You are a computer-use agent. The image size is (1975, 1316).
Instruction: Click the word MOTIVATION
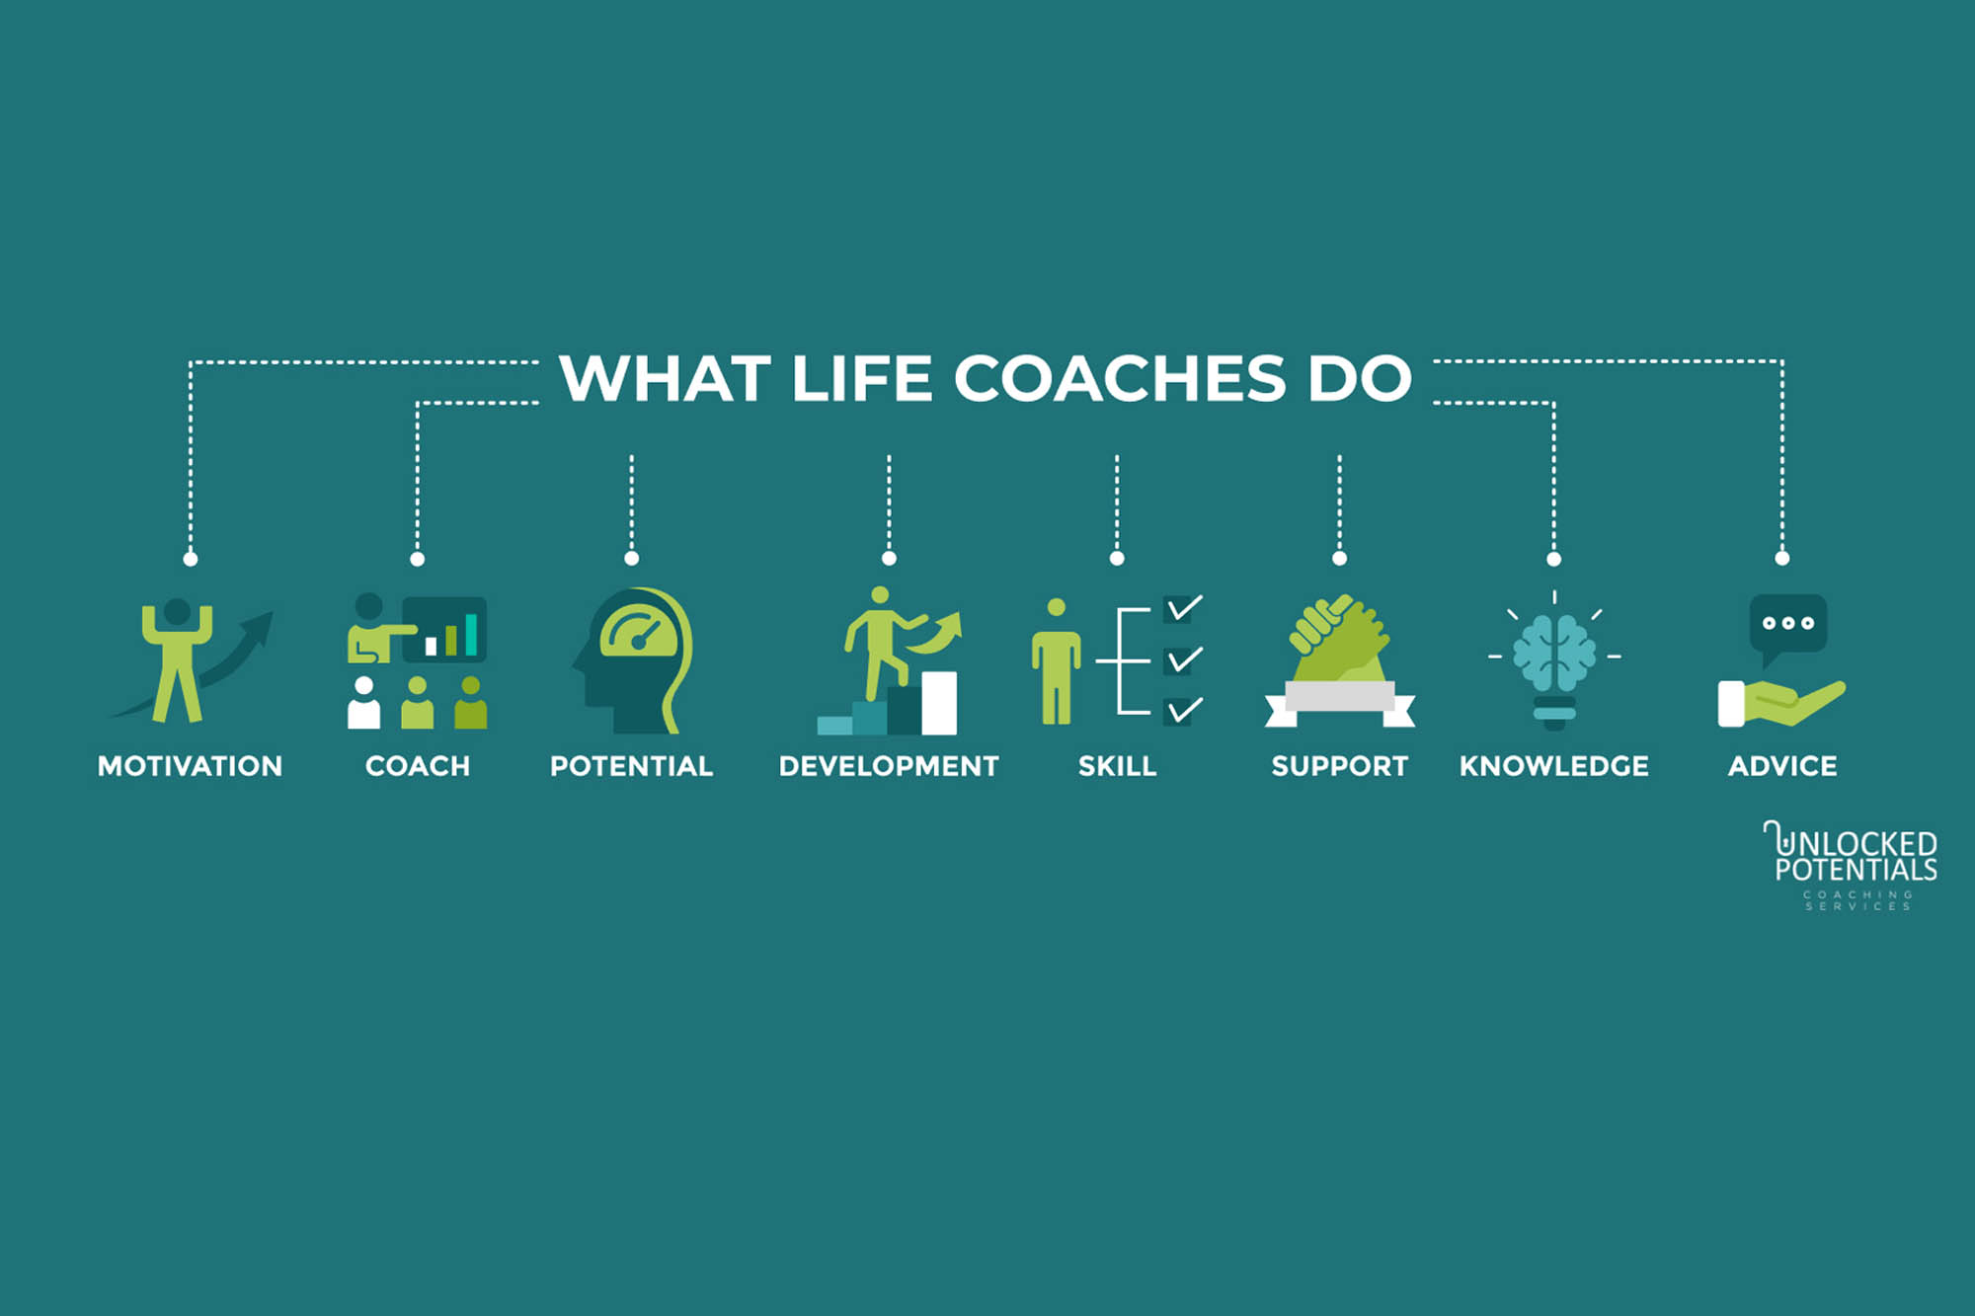point(190,766)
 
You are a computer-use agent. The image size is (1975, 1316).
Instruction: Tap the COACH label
point(418,766)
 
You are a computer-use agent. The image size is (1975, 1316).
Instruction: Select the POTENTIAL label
point(631,766)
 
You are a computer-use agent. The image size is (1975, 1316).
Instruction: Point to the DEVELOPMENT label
point(889,766)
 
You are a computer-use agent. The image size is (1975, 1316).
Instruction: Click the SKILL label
point(1117,766)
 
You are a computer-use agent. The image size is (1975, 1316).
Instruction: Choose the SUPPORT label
point(1339,766)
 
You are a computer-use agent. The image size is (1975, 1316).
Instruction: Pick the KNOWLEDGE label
point(1553,766)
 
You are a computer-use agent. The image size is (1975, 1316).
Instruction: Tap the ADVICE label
point(1782,766)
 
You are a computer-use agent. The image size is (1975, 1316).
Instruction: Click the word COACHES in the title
point(1120,378)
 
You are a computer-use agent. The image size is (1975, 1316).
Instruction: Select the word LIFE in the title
point(861,378)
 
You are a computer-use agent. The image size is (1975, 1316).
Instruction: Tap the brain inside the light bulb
point(1554,652)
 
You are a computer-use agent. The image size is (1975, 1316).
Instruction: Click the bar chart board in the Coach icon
point(445,629)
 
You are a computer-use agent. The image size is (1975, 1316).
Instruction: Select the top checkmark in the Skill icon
point(1182,609)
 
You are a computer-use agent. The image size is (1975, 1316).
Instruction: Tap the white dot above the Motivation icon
point(191,560)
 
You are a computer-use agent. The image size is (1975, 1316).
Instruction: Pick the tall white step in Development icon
point(939,703)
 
